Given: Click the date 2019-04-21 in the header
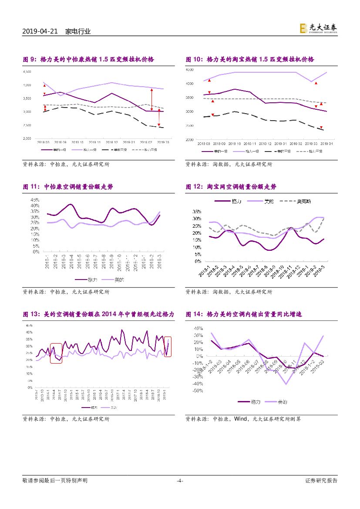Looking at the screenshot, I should pyautogui.click(x=40, y=32).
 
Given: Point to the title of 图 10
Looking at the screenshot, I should pyautogui.click(x=250, y=60).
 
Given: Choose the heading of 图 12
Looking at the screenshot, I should pyautogui.click(x=231, y=187).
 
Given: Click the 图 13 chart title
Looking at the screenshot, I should pyautogui.click(x=98, y=314).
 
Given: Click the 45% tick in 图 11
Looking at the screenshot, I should pyautogui.click(x=35, y=200).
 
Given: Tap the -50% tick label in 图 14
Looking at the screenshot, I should pyautogui.click(x=197, y=391).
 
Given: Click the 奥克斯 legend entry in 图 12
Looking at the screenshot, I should pyautogui.click(x=298, y=202).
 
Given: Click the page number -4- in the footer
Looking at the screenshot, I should pyautogui.click(x=180, y=481).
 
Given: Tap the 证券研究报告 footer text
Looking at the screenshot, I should pyautogui.click(x=321, y=481).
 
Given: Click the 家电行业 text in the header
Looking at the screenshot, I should pyautogui.click(x=78, y=32).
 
